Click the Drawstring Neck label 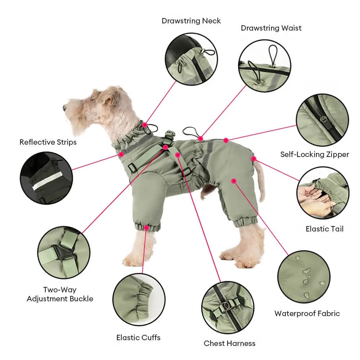(x=191, y=21)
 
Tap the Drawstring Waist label (x=271, y=28)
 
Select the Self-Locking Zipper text (x=315, y=154)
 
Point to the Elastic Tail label (x=324, y=229)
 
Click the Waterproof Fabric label (x=307, y=314)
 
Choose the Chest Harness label (x=229, y=343)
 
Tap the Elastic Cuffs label (x=138, y=338)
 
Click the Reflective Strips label (x=48, y=142)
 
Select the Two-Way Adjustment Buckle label (x=60, y=294)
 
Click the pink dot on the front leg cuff (x=146, y=228)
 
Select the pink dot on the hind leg (x=234, y=181)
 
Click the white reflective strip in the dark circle (x=47, y=181)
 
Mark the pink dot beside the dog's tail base (x=253, y=159)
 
